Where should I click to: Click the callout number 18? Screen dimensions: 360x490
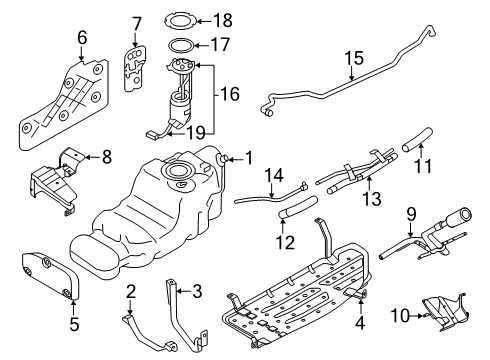coord(223,20)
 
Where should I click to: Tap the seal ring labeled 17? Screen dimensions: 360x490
coord(180,44)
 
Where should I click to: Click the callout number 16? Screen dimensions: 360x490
coord(229,94)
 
